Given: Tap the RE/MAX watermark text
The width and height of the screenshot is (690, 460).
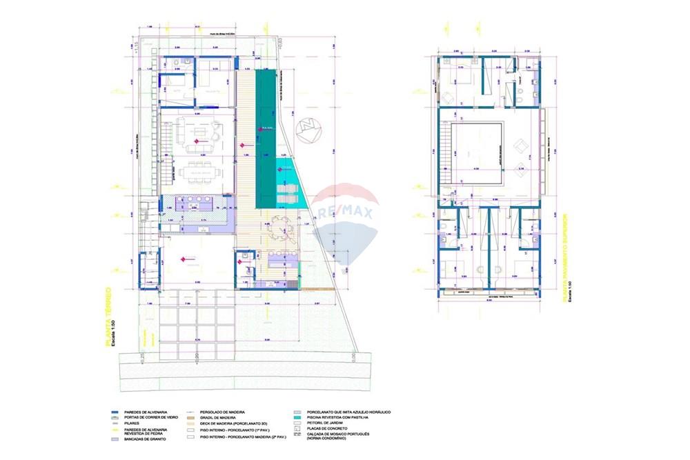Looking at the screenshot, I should click(x=345, y=210).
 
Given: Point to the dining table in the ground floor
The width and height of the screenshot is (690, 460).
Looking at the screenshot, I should click(x=199, y=171).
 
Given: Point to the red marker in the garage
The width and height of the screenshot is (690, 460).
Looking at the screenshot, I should click(x=183, y=259).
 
